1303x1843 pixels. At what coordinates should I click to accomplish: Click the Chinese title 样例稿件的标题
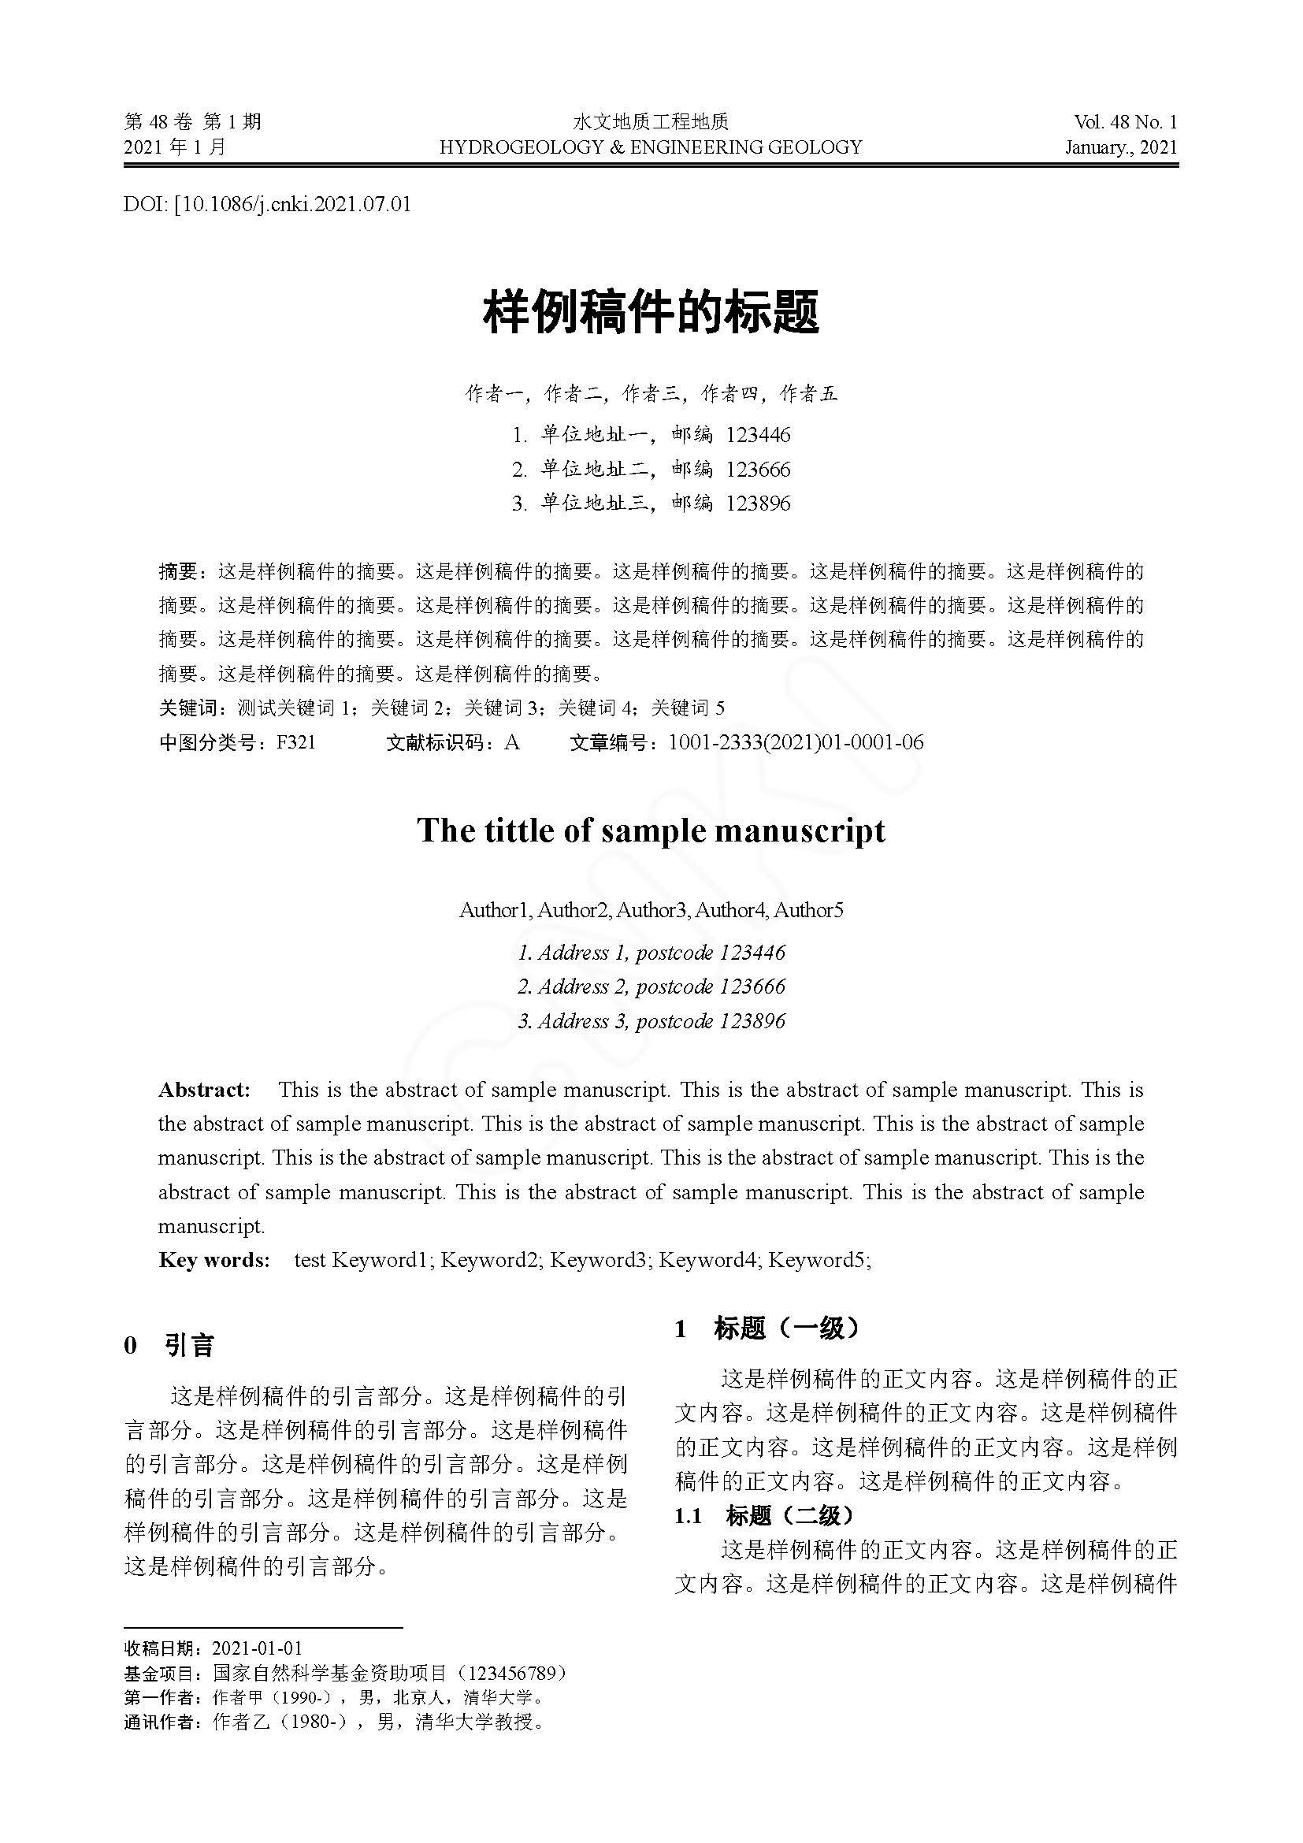pos(651,313)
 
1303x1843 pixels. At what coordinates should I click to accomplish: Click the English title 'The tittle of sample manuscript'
pos(651,830)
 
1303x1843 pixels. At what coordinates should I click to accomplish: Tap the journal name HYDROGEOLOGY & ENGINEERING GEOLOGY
pos(651,147)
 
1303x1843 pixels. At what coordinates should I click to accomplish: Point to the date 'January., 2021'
pos(1121,147)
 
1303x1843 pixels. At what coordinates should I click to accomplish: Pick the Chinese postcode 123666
pos(758,470)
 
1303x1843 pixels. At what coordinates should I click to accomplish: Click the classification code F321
pos(296,742)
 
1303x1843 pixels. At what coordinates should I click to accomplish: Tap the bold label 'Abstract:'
pos(205,1090)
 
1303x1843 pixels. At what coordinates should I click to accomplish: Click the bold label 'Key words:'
pos(214,1260)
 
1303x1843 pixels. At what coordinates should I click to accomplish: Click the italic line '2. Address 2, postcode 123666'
pos(651,987)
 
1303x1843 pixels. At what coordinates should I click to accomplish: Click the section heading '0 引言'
pos(169,1346)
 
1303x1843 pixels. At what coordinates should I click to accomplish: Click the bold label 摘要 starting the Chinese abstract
pos(177,572)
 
